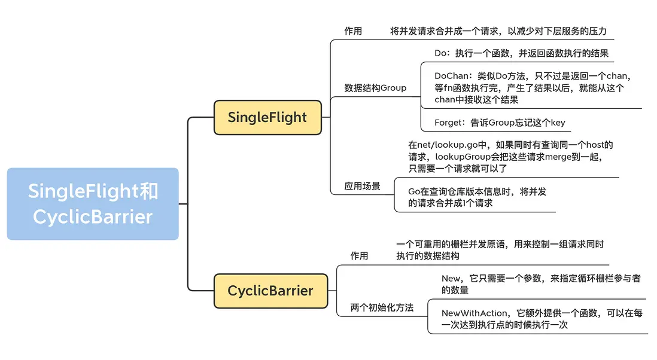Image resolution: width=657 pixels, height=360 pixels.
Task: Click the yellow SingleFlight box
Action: pyautogui.click(x=267, y=117)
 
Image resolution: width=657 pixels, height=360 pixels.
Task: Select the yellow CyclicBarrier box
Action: pyautogui.click(x=270, y=291)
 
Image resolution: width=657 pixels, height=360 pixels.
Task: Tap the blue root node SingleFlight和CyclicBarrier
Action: pyautogui.click(x=93, y=204)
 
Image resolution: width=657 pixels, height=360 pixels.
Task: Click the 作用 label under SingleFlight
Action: pyautogui.click(x=353, y=30)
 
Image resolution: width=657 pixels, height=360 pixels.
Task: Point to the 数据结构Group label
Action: pyautogui.click(x=375, y=88)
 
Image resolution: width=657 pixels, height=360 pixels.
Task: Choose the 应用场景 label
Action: pyautogui.click(x=362, y=186)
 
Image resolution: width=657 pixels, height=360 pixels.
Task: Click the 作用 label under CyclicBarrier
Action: pyautogui.click(x=359, y=255)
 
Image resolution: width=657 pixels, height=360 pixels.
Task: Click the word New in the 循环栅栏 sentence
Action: pyautogui.click(x=451, y=279)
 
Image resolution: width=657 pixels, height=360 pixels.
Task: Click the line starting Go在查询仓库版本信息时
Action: pyautogui.click(x=477, y=192)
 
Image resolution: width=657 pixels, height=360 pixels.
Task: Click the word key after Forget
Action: pyautogui.click(x=557, y=123)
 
